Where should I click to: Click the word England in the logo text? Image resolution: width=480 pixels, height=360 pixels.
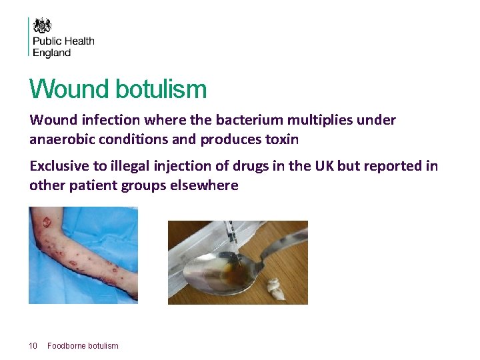click(51, 53)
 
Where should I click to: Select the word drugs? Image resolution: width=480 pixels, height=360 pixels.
click(244, 166)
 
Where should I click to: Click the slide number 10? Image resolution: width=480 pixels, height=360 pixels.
click(33, 345)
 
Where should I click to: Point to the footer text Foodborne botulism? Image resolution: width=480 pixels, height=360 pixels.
click(83, 345)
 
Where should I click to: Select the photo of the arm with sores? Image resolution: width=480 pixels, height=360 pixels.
click(83, 255)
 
